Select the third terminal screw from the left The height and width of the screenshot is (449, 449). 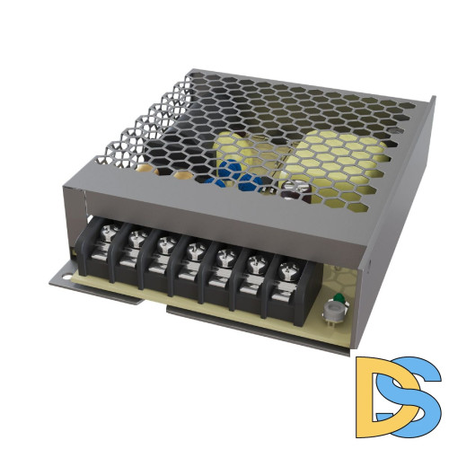click(163, 243)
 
